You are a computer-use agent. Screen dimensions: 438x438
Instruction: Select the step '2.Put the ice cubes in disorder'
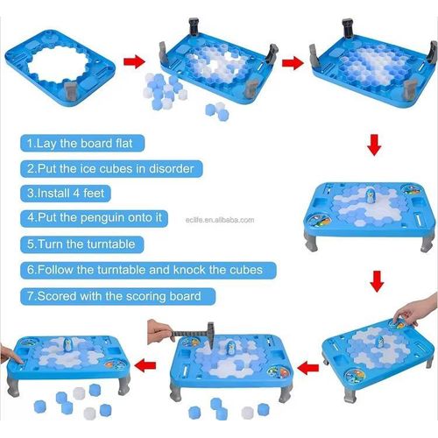pyautogui.click(x=109, y=167)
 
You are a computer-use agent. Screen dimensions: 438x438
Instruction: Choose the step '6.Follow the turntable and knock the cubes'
pyautogui.click(x=148, y=270)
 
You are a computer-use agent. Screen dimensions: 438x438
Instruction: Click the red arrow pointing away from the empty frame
pyautogui.click(x=133, y=61)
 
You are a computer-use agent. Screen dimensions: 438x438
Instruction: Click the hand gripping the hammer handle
pyautogui.click(x=160, y=329)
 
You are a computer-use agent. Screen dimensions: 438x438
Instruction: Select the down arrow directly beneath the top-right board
pyautogui.click(x=374, y=142)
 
